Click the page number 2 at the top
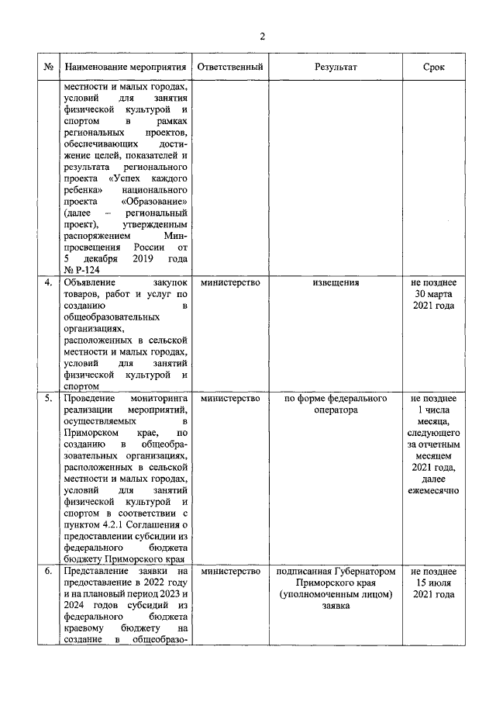(262, 36)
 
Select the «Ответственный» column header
(230, 67)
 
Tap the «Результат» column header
(336, 67)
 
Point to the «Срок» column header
(434, 67)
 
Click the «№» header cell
(48, 67)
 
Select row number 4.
(48, 282)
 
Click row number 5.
(48, 399)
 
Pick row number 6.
(48, 572)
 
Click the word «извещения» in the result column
(336, 282)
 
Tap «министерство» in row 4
(230, 282)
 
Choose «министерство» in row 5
(230, 399)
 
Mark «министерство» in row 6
(230, 572)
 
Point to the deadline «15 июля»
(434, 583)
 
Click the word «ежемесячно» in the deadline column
(434, 490)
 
